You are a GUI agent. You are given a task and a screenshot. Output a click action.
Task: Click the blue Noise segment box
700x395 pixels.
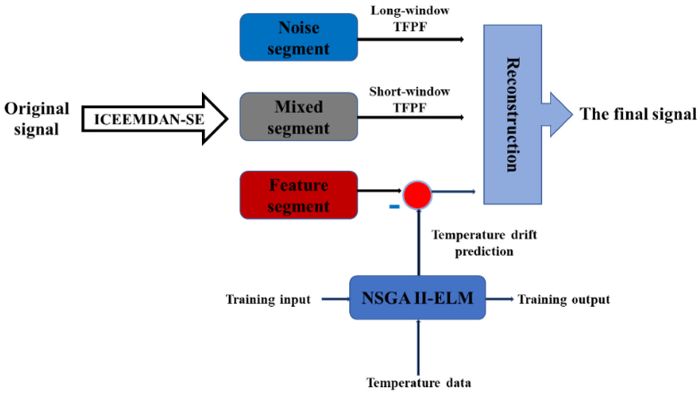coord(298,37)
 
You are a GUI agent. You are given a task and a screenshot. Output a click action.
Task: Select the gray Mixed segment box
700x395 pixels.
coord(298,117)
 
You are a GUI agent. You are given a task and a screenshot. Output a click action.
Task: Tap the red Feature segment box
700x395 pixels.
coord(298,195)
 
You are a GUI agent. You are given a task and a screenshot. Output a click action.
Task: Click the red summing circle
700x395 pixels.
coord(417,195)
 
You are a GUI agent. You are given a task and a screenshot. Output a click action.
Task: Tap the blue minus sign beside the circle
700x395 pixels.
coord(394,207)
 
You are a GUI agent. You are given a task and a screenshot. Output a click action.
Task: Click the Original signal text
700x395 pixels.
coord(37,119)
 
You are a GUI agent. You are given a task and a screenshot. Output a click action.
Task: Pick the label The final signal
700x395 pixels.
coord(638,114)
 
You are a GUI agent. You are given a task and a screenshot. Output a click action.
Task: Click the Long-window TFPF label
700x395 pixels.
coord(410,19)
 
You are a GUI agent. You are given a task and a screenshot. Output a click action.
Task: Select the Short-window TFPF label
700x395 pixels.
coord(410,100)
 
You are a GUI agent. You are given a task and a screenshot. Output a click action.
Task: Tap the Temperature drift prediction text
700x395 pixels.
coord(484,243)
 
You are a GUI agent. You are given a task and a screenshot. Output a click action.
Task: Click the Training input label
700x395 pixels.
coord(268,300)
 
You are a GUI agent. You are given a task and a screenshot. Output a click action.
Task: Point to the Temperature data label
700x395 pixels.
coord(419,383)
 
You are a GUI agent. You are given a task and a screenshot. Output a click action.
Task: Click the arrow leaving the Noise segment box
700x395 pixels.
coord(410,40)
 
